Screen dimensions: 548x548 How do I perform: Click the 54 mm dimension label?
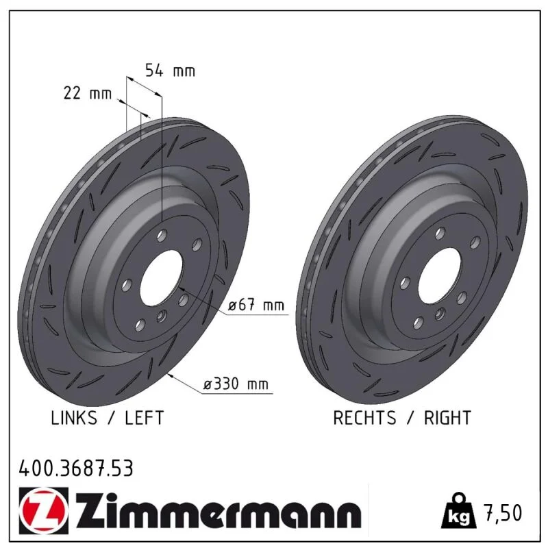(170, 71)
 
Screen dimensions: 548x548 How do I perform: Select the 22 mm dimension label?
(88, 93)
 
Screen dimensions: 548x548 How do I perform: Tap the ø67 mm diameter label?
(256, 305)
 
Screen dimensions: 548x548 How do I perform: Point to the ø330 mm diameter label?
(236, 384)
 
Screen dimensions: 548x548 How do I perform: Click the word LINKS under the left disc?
(74, 418)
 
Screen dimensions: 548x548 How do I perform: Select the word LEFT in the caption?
(145, 418)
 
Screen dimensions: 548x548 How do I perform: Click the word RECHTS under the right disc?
(364, 418)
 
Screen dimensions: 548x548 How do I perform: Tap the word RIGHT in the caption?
(448, 418)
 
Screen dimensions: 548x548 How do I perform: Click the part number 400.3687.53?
(76, 469)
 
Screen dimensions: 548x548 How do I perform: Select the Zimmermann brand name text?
(219, 510)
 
